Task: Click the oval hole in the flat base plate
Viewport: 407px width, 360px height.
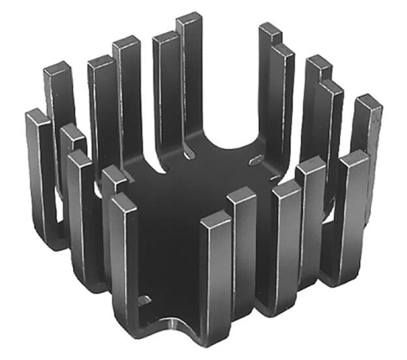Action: [256, 158]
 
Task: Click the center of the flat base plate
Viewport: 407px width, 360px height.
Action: [196, 196]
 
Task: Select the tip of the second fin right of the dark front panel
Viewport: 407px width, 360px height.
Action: [241, 196]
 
